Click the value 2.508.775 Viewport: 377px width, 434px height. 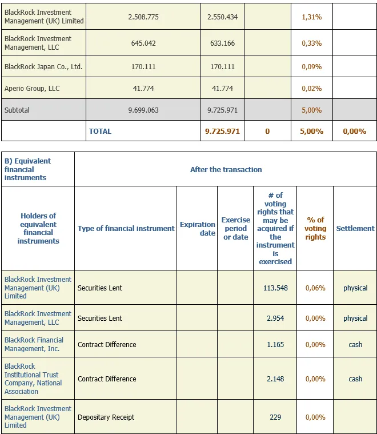tap(143, 17)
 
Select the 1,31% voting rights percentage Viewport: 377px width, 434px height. tap(312, 17)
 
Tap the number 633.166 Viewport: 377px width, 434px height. tap(222, 43)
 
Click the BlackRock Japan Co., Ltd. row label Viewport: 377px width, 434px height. tap(43, 67)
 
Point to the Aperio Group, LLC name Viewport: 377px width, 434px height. tap(32, 88)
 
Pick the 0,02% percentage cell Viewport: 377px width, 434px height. tap(312, 88)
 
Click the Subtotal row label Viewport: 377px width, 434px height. tap(17, 110)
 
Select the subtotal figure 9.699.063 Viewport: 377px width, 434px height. tap(143, 110)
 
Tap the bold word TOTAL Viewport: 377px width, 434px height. tap(100, 131)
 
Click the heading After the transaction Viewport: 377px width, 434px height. tap(226, 169)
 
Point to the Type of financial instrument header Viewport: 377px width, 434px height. tap(126, 228)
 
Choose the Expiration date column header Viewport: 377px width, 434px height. tap(198, 229)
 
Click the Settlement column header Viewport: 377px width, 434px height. tap(355, 228)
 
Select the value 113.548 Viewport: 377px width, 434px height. tap(275, 288)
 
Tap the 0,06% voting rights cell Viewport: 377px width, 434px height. tap(315, 288)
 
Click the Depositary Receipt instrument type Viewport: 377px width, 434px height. tap(106, 417)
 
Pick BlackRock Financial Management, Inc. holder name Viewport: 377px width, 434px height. tap(34, 344)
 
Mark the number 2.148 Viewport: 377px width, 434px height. tap(275, 379)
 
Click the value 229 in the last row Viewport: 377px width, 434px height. tap(275, 417)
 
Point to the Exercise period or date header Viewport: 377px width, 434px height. tap(236, 228)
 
